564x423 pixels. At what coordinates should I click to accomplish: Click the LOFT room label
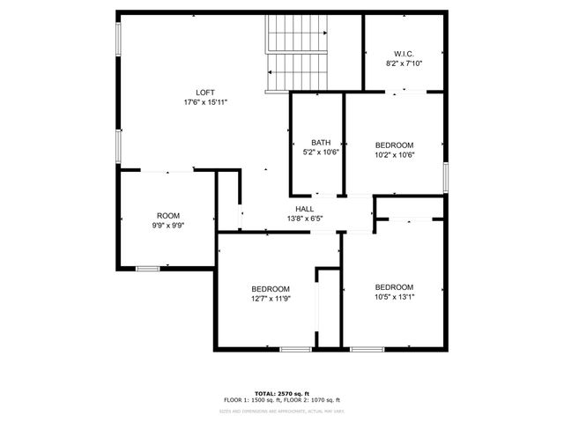point(204,93)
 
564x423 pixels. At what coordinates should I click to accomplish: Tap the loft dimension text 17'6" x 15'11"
point(204,102)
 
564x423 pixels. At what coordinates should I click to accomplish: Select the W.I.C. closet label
point(404,53)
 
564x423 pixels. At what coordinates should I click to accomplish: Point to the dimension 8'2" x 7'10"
point(404,63)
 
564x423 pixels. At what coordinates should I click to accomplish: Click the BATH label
point(320,143)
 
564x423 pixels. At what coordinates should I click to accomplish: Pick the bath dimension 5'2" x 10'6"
point(320,152)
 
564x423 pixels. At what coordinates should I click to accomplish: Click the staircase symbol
point(297,53)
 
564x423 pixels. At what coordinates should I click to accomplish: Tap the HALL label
point(305,209)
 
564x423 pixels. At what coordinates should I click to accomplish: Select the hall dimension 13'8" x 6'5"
point(305,219)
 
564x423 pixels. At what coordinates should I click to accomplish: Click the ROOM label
point(168,216)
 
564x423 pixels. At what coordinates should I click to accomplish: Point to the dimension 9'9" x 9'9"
point(168,226)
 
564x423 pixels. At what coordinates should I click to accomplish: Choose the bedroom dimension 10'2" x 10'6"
point(394,155)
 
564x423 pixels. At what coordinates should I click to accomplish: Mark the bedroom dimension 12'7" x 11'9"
point(271,299)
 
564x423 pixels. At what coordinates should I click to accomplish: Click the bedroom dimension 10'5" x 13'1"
point(394,297)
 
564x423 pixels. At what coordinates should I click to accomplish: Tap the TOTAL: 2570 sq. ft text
point(282,394)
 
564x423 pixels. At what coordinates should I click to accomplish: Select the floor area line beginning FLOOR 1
point(282,401)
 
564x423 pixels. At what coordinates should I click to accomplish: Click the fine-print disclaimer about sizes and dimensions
point(282,411)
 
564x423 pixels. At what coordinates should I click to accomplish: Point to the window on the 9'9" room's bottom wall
point(147,268)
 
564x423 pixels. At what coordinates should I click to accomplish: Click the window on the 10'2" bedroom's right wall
point(446,175)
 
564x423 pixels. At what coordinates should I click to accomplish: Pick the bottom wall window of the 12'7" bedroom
point(294,349)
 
